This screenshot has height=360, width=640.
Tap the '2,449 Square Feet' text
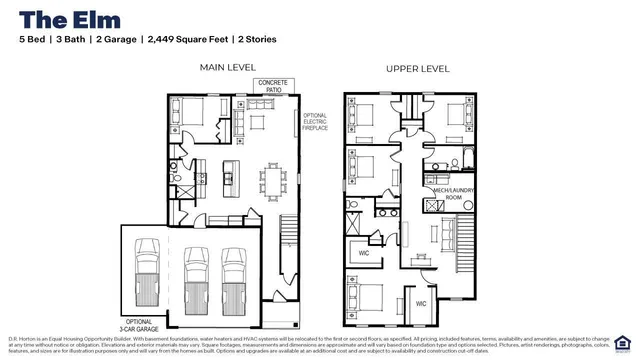pyautogui.click(x=185, y=39)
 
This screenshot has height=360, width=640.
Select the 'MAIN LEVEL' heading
pyautogui.click(x=228, y=69)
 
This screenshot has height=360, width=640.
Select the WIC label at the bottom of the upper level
pyautogui.click(x=421, y=302)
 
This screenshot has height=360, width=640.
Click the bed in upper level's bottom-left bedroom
pyautogui.click(x=366, y=296)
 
